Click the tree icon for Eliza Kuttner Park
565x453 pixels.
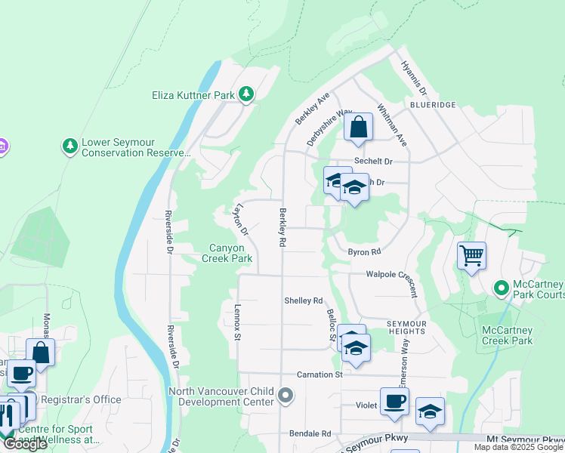[x=245, y=94]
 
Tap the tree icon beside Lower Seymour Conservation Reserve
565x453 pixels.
[x=70, y=144]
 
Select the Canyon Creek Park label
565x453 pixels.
[x=227, y=253]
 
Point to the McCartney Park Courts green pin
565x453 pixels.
[x=500, y=288]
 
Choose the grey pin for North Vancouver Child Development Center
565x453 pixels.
[x=285, y=395]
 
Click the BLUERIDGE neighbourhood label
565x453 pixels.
[x=430, y=105]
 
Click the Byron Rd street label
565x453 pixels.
[x=363, y=252]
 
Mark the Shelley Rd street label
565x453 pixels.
[x=303, y=300]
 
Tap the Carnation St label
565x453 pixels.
[x=319, y=374]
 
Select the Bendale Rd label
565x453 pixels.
[x=310, y=434]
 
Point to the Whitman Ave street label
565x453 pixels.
[x=391, y=125]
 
